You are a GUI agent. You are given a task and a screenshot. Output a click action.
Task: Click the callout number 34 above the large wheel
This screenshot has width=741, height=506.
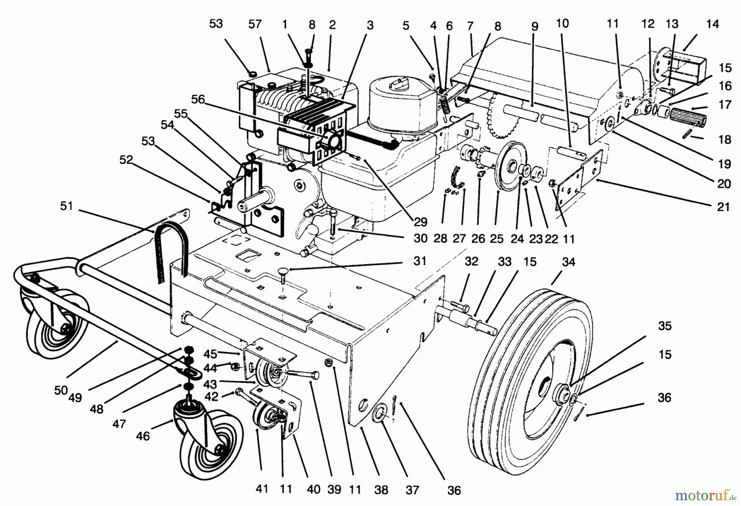(568, 262)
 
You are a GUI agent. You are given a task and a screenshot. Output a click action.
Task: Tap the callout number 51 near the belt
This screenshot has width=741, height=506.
(66, 206)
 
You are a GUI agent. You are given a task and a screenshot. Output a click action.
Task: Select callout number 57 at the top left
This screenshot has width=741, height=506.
(255, 24)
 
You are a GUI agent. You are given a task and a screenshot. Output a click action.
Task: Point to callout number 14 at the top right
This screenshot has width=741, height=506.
(712, 24)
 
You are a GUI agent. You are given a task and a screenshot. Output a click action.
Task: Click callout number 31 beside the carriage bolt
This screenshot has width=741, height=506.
(419, 261)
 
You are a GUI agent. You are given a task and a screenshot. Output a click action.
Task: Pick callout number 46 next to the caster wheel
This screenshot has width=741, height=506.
(143, 436)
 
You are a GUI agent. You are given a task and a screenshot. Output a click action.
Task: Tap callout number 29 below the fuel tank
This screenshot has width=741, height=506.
(420, 222)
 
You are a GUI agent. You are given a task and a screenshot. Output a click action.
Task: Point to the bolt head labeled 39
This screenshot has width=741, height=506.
(315, 375)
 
